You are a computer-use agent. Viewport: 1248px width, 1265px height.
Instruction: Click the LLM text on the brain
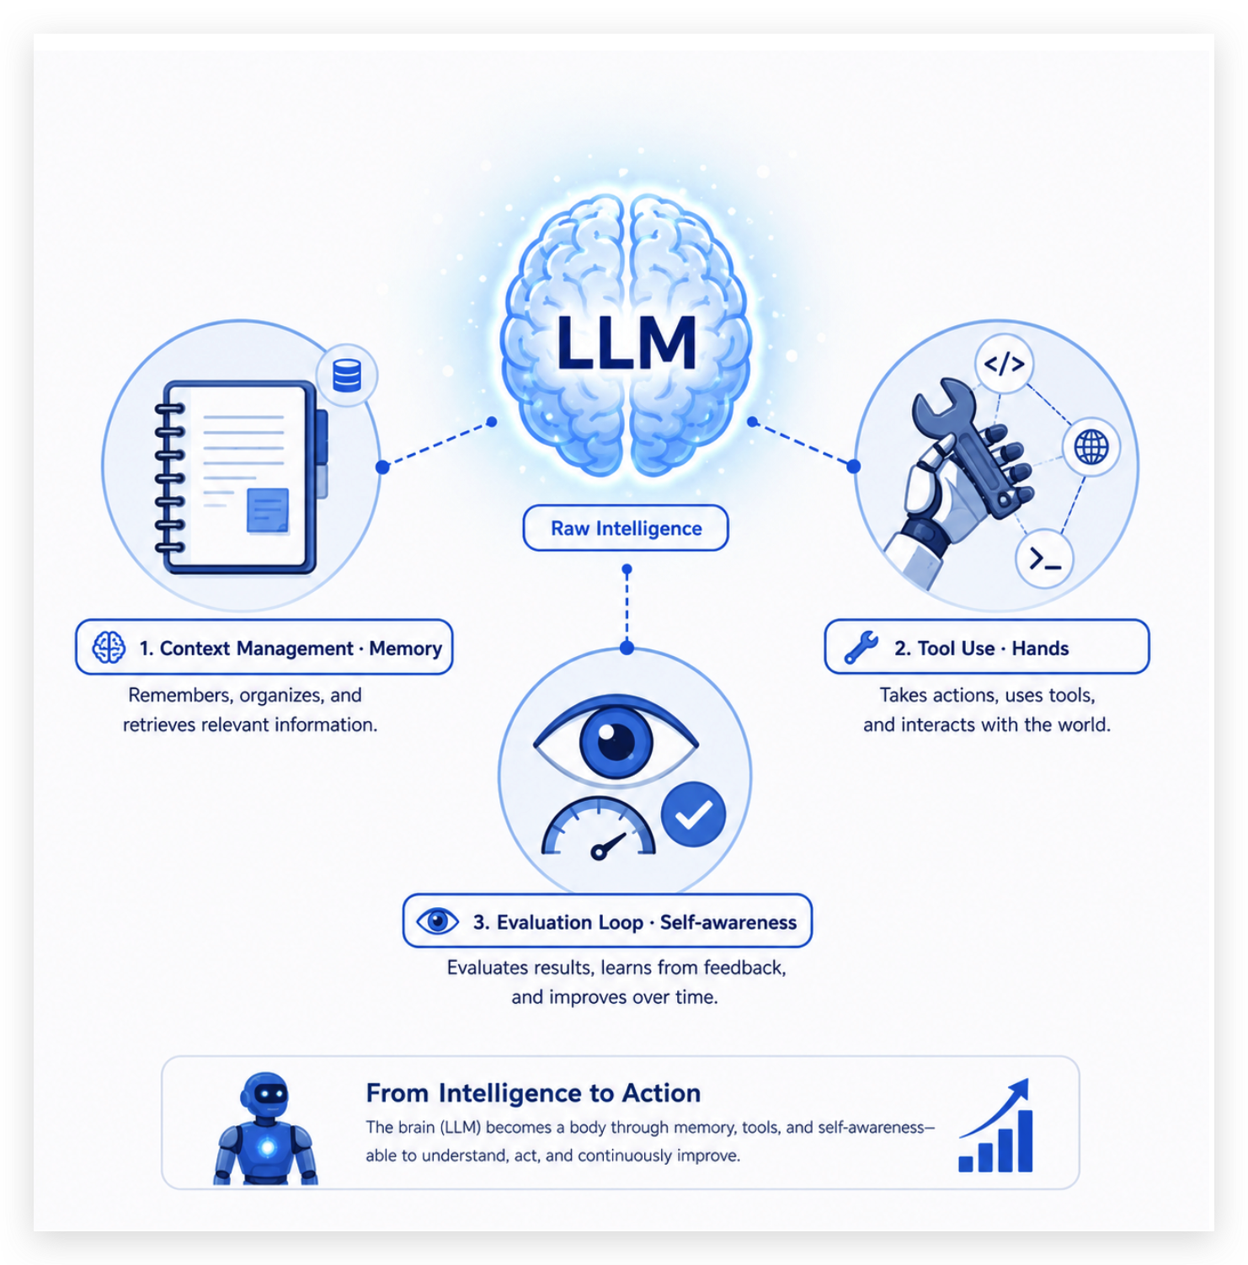[x=626, y=343]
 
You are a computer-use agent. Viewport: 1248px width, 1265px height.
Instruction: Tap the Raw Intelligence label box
[x=626, y=528]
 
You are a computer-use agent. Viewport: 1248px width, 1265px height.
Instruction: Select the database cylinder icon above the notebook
[x=347, y=376]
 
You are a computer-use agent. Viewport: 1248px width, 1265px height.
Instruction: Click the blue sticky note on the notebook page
[x=268, y=510]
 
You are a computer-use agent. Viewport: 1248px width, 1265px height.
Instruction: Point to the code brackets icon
[x=1004, y=364]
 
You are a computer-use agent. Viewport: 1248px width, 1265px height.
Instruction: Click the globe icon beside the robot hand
[x=1091, y=446]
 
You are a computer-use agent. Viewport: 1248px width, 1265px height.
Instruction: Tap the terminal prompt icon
[x=1044, y=558]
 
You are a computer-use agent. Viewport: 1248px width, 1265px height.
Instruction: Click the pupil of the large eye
[x=616, y=742]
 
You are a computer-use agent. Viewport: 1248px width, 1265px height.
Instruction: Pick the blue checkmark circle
[x=694, y=814]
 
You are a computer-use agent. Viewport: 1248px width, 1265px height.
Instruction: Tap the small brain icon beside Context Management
[x=109, y=648]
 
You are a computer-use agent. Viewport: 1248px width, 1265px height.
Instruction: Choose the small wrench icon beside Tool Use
[x=861, y=648]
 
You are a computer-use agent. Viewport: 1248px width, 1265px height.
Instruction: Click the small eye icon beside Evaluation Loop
[x=438, y=921]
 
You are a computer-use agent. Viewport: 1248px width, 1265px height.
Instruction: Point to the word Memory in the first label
[x=405, y=649]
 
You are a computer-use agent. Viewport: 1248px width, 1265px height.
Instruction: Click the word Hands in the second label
[x=1040, y=649]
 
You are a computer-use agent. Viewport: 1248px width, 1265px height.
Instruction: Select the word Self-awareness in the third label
[x=728, y=922]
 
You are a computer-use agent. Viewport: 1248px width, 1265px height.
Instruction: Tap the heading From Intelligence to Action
[x=533, y=1092]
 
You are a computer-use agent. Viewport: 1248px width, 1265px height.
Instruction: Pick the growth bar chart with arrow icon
[x=995, y=1125]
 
